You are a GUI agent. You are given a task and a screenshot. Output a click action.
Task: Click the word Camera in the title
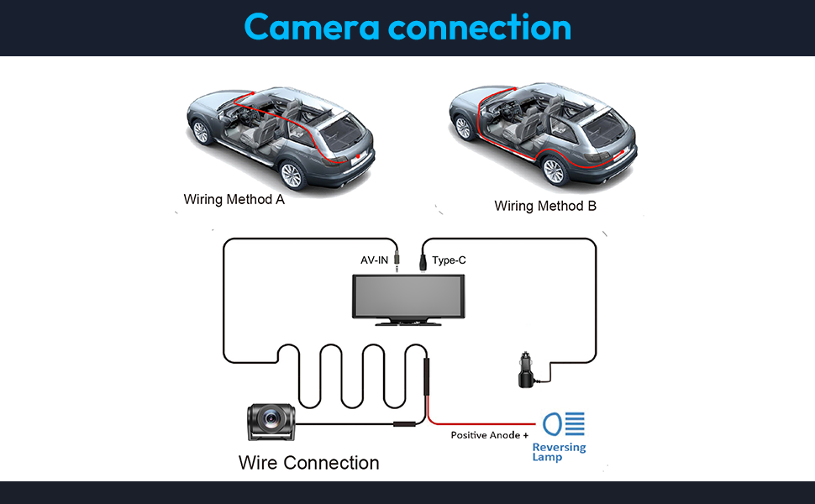pyautogui.click(x=309, y=27)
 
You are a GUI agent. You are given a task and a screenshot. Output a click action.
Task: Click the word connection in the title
pyautogui.click(x=479, y=27)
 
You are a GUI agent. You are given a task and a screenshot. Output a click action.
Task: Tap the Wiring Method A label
pyautogui.click(x=234, y=200)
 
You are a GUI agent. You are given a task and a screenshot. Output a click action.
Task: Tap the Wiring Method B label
pyautogui.click(x=545, y=206)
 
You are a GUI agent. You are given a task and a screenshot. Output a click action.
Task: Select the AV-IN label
pyautogui.click(x=375, y=260)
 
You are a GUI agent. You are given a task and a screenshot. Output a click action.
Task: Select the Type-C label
pyautogui.click(x=449, y=260)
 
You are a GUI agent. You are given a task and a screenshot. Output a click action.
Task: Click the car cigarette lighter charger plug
pyautogui.click(x=526, y=373)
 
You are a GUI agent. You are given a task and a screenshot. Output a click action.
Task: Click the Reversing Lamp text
pyautogui.click(x=559, y=453)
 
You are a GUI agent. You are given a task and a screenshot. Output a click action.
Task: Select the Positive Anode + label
pyautogui.click(x=490, y=435)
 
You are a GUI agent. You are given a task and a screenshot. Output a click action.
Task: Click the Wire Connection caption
pyautogui.click(x=308, y=463)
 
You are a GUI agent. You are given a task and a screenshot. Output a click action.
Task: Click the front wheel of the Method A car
pyautogui.click(x=201, y=132)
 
